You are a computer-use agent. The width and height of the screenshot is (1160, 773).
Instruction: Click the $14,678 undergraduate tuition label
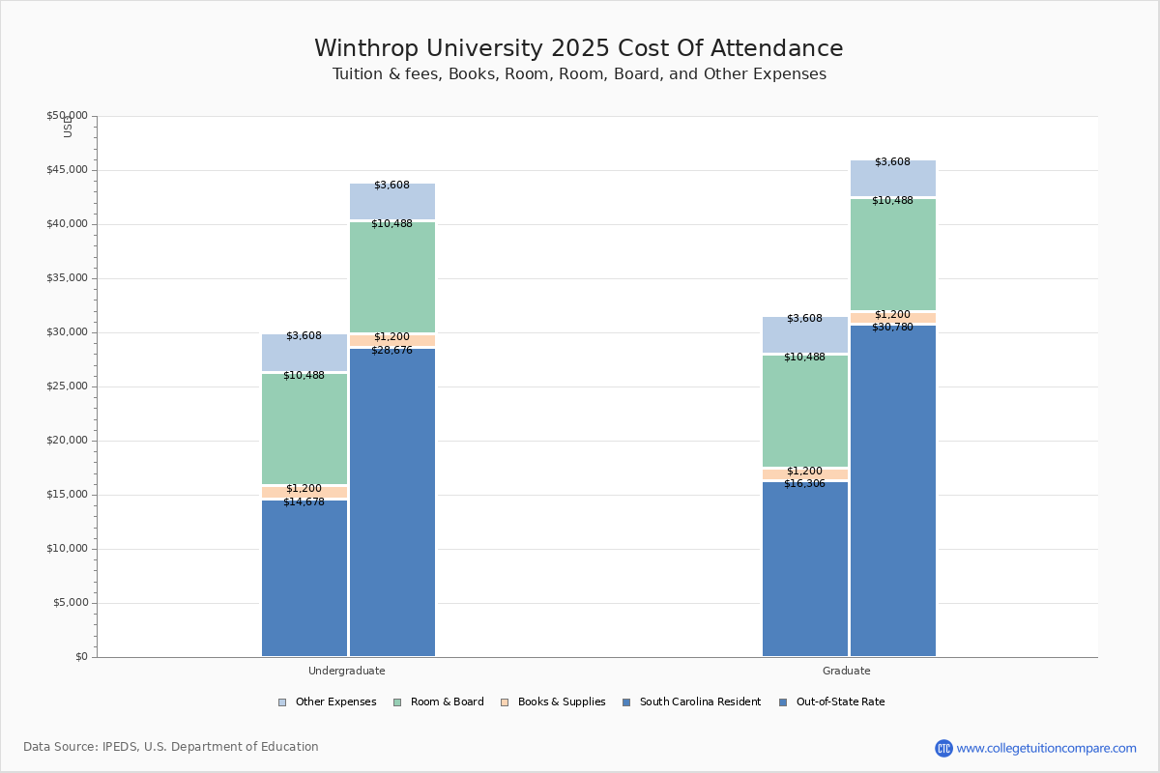[304, 502]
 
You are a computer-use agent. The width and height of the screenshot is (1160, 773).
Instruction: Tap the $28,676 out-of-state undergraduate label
[391, 351]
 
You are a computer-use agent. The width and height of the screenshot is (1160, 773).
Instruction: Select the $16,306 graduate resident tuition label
[804, 484]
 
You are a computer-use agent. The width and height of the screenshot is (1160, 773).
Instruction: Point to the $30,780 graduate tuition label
[892, 328]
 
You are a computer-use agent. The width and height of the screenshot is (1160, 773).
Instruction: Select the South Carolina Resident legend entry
[691, 702]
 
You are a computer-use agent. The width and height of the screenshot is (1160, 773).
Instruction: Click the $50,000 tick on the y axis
[67, 116]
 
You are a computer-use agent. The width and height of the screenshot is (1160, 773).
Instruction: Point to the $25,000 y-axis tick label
[67, 386]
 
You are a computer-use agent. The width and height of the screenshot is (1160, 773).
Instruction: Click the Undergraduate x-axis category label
[347, 671]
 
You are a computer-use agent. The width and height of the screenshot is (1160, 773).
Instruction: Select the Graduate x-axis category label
[847, 671]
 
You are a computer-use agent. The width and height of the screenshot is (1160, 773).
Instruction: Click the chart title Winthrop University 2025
[578, 49]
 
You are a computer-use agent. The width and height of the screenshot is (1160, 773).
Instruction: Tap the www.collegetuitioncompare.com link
[1046, 748]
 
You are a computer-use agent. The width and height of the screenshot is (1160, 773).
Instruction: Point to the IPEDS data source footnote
[171, 747]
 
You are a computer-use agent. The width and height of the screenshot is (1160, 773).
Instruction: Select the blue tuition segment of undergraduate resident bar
[304, 580]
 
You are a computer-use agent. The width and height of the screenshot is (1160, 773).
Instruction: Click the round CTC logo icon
[943, 748]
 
